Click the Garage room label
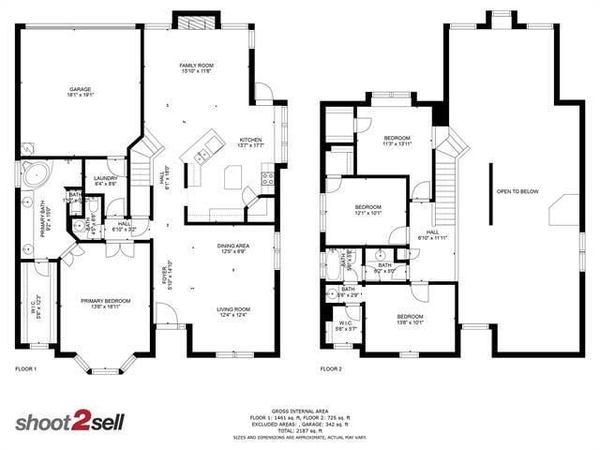[79, 92]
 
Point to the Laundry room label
[105, 181]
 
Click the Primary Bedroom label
[104, 303]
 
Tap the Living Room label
[233, 312]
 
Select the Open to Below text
[517, 191]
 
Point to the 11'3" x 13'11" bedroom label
[397, 141]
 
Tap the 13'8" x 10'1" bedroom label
[410, 320]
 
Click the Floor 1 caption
[25, 369]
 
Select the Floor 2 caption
[331, 369]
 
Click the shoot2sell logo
[68, 421]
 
